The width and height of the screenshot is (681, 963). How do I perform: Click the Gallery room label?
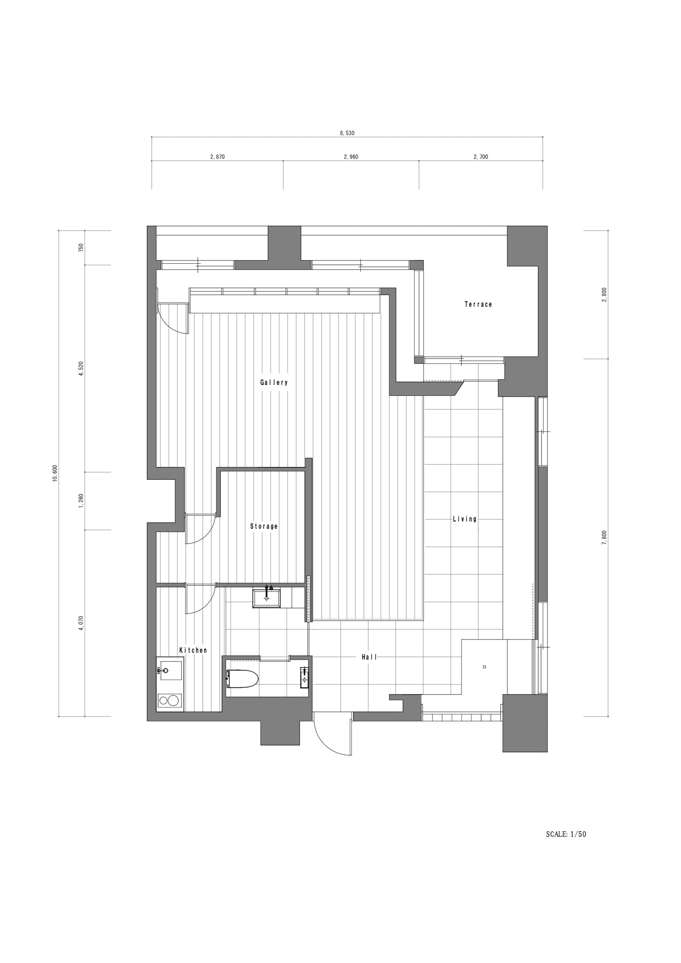(274, 383)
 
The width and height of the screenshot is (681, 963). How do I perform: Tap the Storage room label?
(264, 526)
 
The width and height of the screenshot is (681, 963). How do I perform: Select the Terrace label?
(478, 305)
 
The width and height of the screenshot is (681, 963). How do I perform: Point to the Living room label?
(464, 519)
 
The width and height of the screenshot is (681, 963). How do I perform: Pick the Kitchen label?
(193, 651)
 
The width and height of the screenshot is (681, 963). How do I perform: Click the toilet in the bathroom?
(242, 679)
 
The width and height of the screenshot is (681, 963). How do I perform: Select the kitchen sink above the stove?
(169, 671)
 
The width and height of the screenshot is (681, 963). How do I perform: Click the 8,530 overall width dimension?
(347, 133)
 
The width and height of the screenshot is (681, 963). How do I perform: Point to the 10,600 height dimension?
(55, 474)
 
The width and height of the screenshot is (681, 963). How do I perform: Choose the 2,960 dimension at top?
(351, 157)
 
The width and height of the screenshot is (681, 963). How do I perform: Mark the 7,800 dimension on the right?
(604, 537)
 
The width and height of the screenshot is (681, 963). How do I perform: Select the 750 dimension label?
(81, 247)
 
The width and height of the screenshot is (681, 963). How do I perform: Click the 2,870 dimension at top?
(217, 157)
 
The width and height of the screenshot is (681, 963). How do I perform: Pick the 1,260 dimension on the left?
(81, 501)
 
